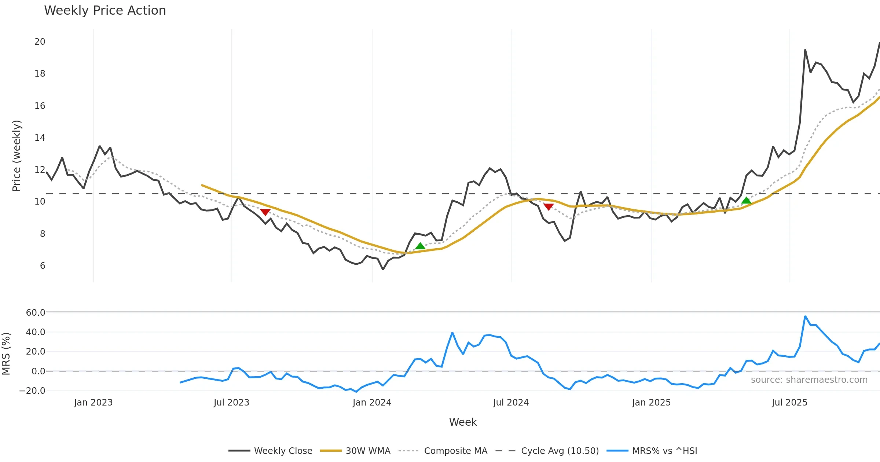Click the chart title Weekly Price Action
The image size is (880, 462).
point(105,11)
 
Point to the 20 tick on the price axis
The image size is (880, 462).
point(40,42)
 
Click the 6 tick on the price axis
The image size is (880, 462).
point(43,266)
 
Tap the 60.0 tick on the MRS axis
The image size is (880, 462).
point(36,313)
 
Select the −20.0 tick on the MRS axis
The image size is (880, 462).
point(32,391)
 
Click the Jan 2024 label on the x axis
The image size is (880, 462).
point(372,403)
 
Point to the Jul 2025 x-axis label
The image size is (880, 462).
point(789,403)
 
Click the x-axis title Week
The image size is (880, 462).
point(463,422)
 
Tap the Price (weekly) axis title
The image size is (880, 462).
point(16,156)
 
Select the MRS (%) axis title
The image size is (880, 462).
point(6,354)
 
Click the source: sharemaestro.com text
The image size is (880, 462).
point(809,380)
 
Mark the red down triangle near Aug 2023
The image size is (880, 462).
point(265,212)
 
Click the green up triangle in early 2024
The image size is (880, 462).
point(420,246)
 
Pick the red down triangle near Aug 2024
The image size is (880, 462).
point(549,207)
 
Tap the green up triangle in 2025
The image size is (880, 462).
point(746,201)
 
